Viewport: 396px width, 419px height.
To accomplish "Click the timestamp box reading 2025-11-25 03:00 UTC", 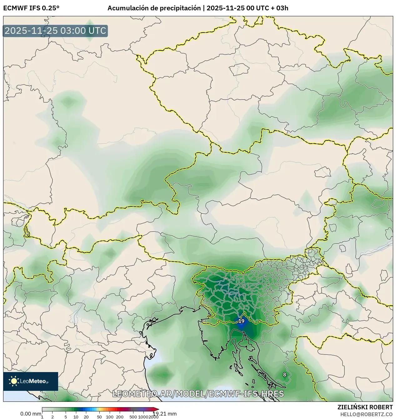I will tap(55, 31).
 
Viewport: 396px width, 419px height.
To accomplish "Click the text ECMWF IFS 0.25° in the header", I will tap(31, 8).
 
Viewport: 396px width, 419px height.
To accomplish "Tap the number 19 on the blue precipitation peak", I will tap(241, 321).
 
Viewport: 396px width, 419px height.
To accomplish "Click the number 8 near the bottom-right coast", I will tap(284, 375).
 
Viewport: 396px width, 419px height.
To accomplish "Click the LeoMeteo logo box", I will tap(31, 381).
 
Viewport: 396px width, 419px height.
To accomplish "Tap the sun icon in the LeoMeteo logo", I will tap(14, 381).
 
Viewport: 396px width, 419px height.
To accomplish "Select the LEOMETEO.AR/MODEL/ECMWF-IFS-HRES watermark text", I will tap(198, 394).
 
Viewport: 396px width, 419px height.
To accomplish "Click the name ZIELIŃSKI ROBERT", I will tap(365, 407).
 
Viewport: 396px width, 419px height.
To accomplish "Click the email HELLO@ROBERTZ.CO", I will tap(366, 414).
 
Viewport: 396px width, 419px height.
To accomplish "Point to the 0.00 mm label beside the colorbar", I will tap(31, 414).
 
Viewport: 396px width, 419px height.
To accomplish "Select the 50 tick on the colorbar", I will tap(99, 417).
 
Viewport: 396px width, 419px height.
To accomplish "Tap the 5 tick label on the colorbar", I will tap(66, 417).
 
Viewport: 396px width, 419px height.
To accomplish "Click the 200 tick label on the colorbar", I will tap(120, 417).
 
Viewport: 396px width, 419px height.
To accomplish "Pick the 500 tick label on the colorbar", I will tap(133, 417).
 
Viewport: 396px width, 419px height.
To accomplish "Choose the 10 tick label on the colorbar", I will tap(76, 417).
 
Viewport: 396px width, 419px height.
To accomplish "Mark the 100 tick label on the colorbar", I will tap(110, 417).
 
